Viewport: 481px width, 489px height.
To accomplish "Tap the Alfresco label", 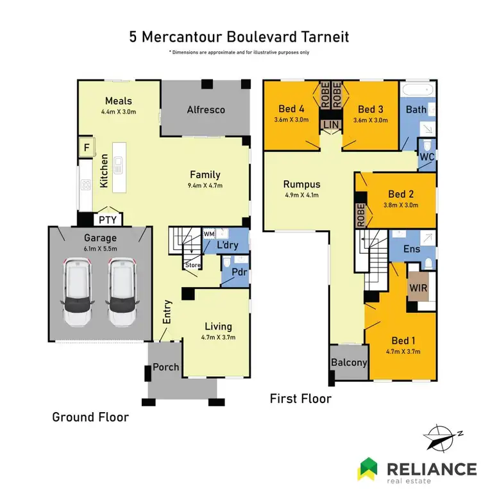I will pyautogui.click(x=205, y=110).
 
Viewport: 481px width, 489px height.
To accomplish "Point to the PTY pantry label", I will pyautogui.click(x=107, y=220).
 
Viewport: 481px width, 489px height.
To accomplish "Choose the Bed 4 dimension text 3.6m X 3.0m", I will pyautogui.click(x=291, y=119).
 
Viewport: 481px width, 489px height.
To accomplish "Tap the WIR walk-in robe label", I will pyautogui.click(x=419, y=288).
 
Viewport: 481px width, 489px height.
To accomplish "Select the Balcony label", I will pyautogui.click(x=348, y=362).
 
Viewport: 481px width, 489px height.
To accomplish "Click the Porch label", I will pyautogui.click(x=165, y=367).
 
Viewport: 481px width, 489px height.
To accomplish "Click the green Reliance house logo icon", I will pyautogui.click(x=368, y=470).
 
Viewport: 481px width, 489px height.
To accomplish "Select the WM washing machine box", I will pyautogui.click(x=208, y=235).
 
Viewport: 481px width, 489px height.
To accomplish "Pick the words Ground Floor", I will pyautogui.click(x=90, y=417).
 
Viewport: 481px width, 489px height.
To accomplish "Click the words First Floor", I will pyautogui.click(x=301, y=399).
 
